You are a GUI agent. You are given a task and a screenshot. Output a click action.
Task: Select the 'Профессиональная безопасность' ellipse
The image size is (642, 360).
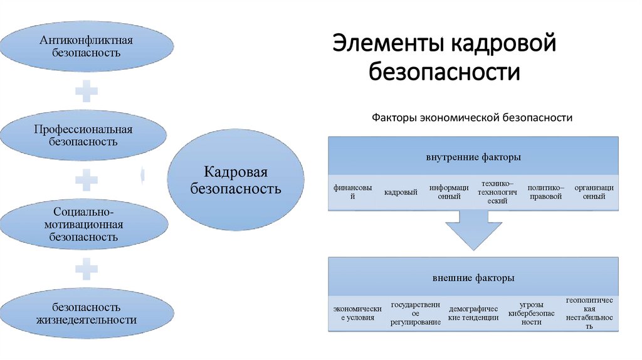(83, 135)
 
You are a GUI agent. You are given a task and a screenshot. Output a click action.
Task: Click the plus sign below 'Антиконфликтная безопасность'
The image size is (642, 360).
(87, 92)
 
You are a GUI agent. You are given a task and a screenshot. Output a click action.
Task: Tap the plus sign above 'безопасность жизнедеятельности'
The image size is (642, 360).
(87, 268)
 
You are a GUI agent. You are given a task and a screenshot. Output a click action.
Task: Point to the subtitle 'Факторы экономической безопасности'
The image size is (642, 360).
(472, 118)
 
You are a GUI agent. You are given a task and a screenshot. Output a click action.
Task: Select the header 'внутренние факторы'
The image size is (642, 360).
(473, 157)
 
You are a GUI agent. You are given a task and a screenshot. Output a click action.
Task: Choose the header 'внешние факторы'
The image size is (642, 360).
(473, 277)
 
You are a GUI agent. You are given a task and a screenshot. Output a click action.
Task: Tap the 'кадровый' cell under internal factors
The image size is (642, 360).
(401, 192)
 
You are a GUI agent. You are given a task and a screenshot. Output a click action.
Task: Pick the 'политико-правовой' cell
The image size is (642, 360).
(545, 192)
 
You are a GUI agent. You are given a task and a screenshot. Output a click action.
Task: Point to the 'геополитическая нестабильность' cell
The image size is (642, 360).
(589, 313)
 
